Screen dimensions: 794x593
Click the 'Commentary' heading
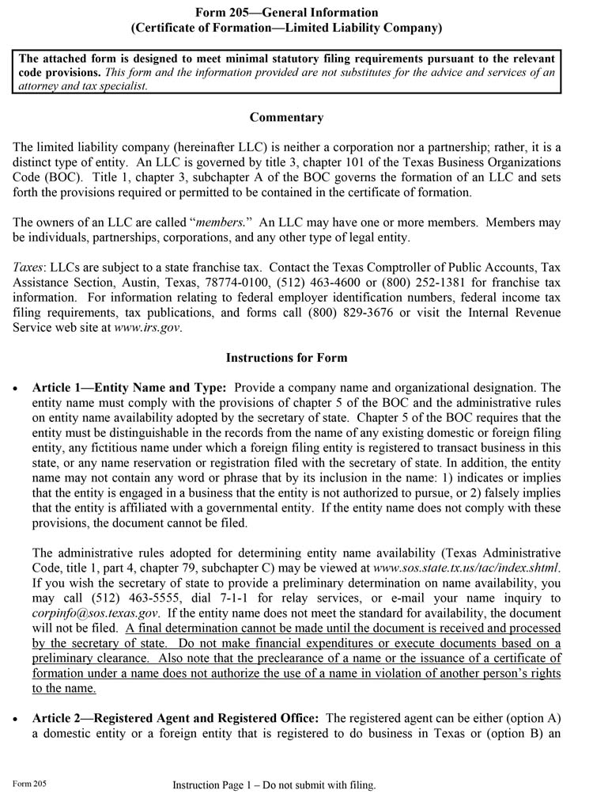coord(286,118)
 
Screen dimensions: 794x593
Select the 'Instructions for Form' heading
coord(286,357)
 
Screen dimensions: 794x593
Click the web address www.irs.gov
coord(148,328)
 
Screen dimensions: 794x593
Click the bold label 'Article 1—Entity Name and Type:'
coord(130,388)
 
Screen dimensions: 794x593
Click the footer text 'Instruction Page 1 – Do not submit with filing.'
coord(274,785)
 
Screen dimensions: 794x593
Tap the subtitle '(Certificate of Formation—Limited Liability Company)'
coord(285,28)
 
